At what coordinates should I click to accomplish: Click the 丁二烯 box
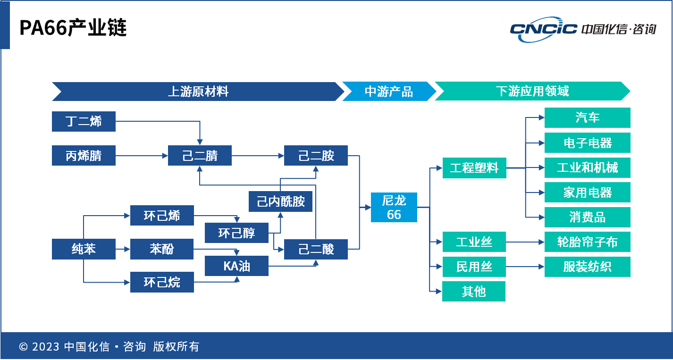pyautogui.click(x=84, y=122)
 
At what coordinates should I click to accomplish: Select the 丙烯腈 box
pyautogui.click(x=84, y=156)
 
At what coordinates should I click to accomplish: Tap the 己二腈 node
pyautogui.click(x=200, y=156)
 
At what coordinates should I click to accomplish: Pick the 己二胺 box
pyautogui.click(x=316, y=156)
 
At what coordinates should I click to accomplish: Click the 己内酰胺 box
pyautogui.click(x=281, y=202)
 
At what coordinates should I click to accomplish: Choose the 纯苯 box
pyautogui.click(x=84, y=249)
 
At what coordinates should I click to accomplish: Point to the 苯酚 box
pyautogui.click(x=162, y=249)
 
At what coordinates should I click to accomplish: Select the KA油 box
pyautogui.click(x=236, y=266)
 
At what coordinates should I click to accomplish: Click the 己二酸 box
pyautogui.click(x=316, y=249)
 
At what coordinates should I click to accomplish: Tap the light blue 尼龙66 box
pyautogui.click(x=394, y=208)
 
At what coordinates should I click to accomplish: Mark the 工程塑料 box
pyautogui.click(x=474, y=168)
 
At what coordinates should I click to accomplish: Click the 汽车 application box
pyautogui.click(x=587, y=117)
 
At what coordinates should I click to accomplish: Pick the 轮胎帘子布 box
pyautogui.click(x=587, y=243)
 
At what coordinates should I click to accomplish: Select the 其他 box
pyautogui.click(x=474, y=291)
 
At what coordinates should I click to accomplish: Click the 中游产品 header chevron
pyautogui.click(x=388, y=92)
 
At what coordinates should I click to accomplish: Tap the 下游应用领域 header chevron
pyautogui.click(x=532, y=92)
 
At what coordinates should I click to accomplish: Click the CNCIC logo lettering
pyautogui.click(x=543, y=29)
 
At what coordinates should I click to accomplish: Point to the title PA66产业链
pyautogui.click(x=73, y=28)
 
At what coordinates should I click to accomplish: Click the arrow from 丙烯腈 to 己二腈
pyautogui.click(x=142, y=156)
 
